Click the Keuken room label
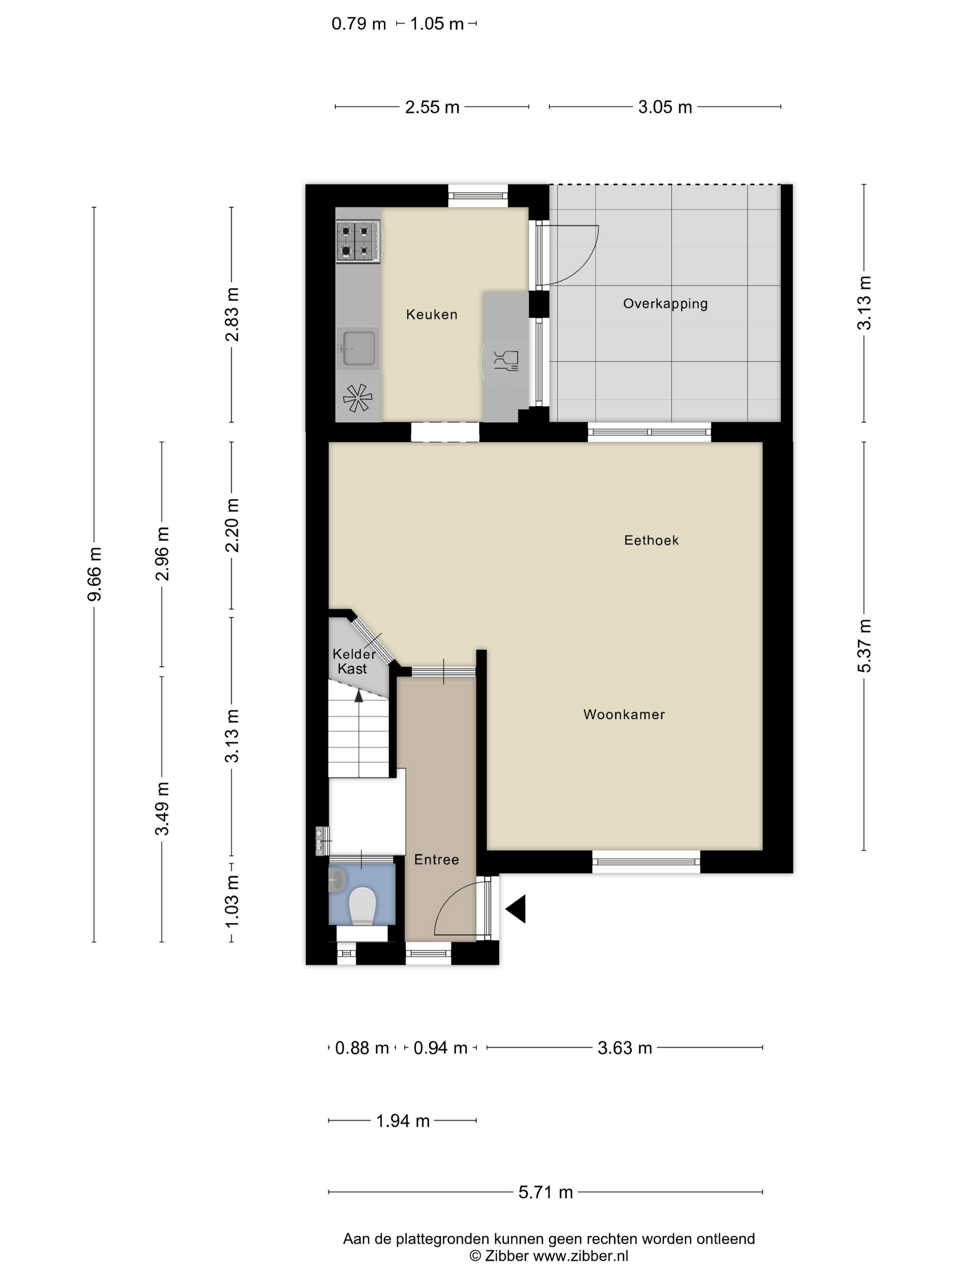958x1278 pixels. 432,314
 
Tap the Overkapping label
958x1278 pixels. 665,304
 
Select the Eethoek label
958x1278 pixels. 651,540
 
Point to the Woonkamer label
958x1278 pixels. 624,714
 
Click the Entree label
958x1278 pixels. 437,860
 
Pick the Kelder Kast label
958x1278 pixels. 354,661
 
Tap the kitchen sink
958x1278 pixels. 359,349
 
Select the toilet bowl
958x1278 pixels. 363,906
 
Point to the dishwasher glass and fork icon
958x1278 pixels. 506,361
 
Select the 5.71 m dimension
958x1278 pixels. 546,1192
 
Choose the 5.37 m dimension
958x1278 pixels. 864,646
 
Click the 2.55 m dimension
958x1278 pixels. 432,107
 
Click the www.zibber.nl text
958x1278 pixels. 580,1256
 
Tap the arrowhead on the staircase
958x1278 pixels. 359,696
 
